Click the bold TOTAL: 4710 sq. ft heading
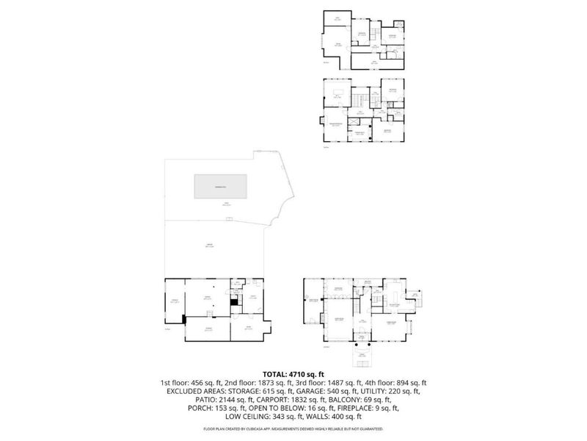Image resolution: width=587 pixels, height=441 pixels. pos(293,374)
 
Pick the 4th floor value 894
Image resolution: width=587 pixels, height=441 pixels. pos(397,383)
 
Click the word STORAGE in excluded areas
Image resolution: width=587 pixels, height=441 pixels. pos(237,392)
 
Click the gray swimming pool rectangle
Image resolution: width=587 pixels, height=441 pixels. pos(220,186)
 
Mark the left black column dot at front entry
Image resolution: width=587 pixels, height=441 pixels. pos(354,343)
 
